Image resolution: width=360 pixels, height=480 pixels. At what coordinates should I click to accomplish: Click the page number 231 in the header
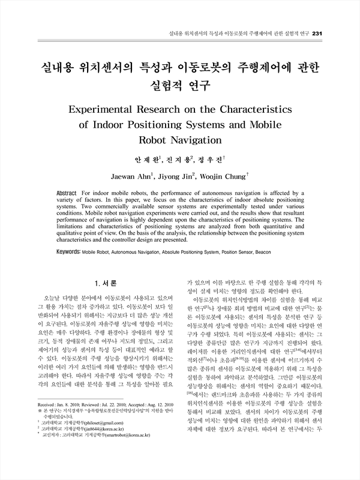(x=318, y=32)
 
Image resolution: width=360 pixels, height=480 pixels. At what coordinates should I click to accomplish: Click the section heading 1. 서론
(x=106, y=283)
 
